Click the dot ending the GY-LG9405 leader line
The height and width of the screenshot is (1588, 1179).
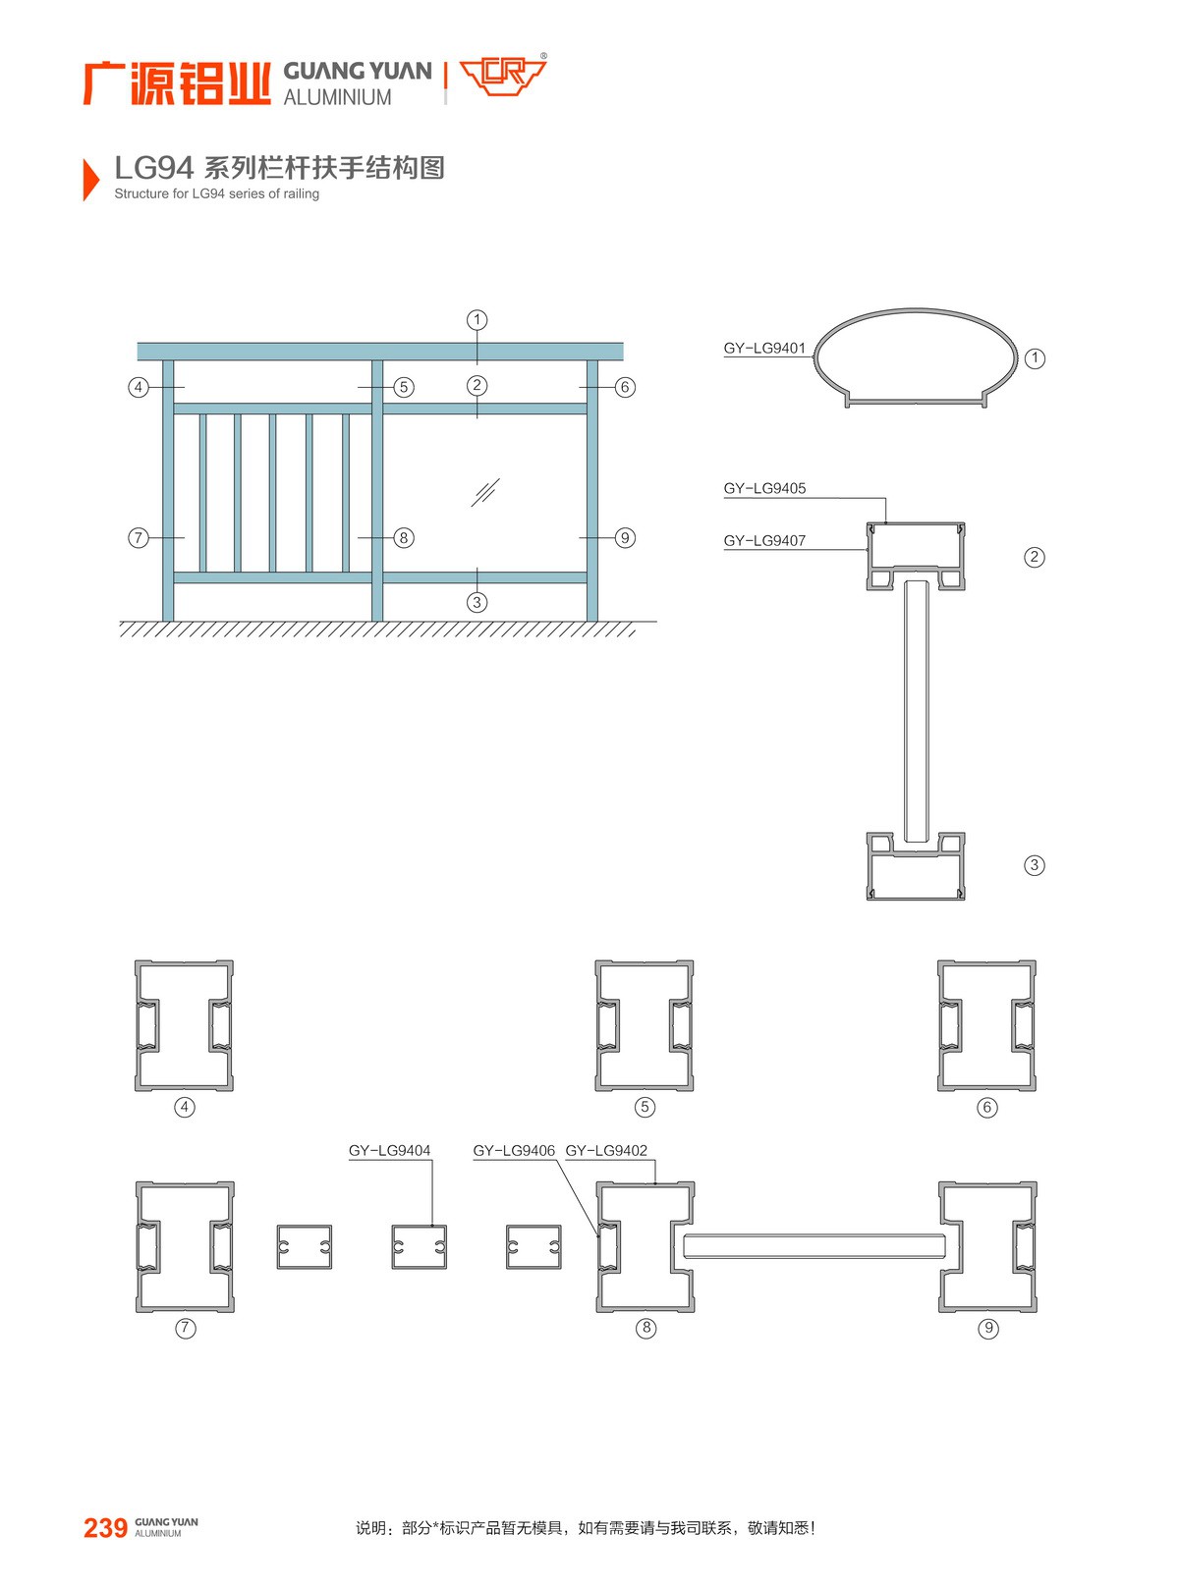click(886, 522)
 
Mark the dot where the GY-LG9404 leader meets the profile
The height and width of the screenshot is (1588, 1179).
click(432, 1226)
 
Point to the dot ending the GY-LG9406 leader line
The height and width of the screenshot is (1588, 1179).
click(598, 1235)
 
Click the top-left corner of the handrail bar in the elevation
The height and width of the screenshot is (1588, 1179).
click(138, 343)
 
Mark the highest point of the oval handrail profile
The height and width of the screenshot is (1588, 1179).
click(916, 308)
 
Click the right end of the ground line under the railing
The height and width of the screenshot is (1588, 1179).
click(657, 622)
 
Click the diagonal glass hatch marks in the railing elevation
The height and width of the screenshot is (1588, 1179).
click(485, 493)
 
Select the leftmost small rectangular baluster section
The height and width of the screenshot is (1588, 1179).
click(305, 1247)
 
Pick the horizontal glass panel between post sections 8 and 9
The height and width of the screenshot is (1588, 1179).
click(814, 1246)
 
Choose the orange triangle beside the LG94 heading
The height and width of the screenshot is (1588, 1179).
click(91, 179)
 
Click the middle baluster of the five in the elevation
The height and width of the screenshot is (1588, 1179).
click(273, 493)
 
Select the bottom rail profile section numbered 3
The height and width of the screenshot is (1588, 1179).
click(916, 866)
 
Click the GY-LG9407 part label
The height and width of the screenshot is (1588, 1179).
click(764, 540)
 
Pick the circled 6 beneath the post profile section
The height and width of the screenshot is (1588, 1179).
click(987, 1107)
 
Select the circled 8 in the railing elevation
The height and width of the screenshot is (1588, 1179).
click(404, 538)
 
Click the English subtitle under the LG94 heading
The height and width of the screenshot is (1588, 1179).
click(217, 194)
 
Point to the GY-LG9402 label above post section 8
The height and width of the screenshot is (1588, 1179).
click(606, 1151)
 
